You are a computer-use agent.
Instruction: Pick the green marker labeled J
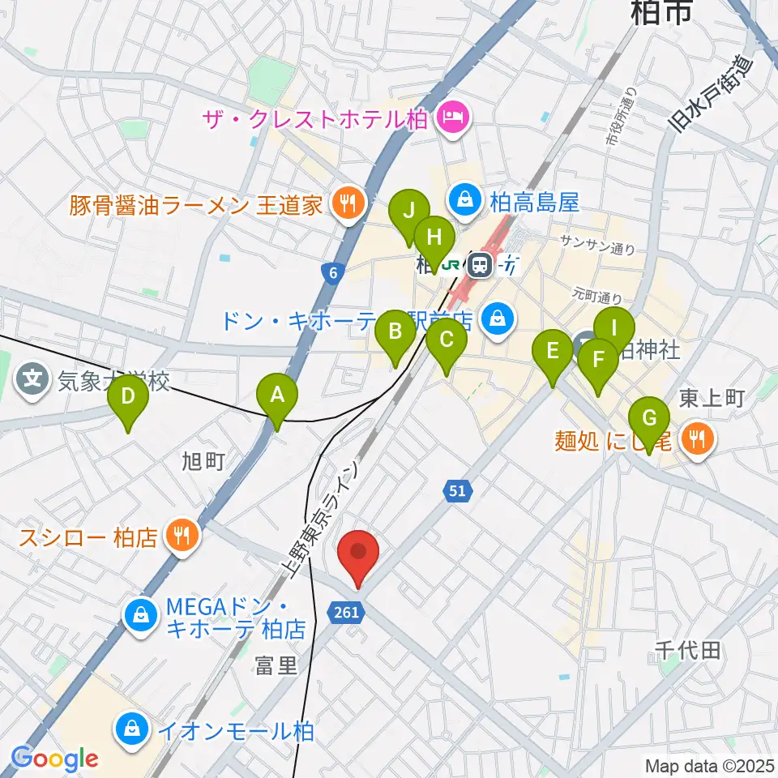coord(409,213)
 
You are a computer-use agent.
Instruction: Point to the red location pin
coord(357,554)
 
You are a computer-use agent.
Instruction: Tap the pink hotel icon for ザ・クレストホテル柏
coord(451,119)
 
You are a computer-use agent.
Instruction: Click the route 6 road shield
coord(333,275)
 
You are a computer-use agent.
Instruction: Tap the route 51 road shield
coord(457,490)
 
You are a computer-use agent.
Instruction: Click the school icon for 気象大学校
coord(33,378)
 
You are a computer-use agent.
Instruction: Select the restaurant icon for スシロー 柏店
coord(182,536)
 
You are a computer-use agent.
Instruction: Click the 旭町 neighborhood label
coord(203,462)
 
